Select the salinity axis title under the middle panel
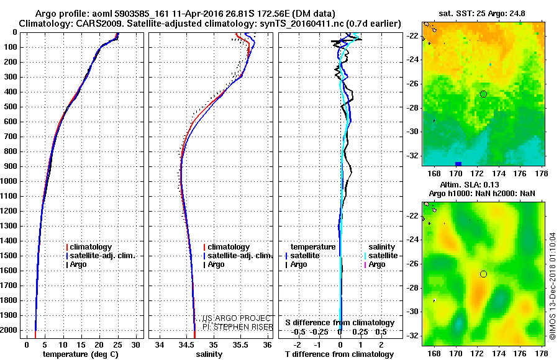coord(209,354)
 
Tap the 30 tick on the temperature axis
coord(135,344)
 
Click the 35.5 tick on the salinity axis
coord(240,344)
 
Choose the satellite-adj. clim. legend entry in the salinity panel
coord(239,256)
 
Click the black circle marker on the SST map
coord(484,94)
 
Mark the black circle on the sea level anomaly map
coord(484,274)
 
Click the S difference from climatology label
coord(340,323)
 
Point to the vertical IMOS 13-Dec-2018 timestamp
coord(552,286)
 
